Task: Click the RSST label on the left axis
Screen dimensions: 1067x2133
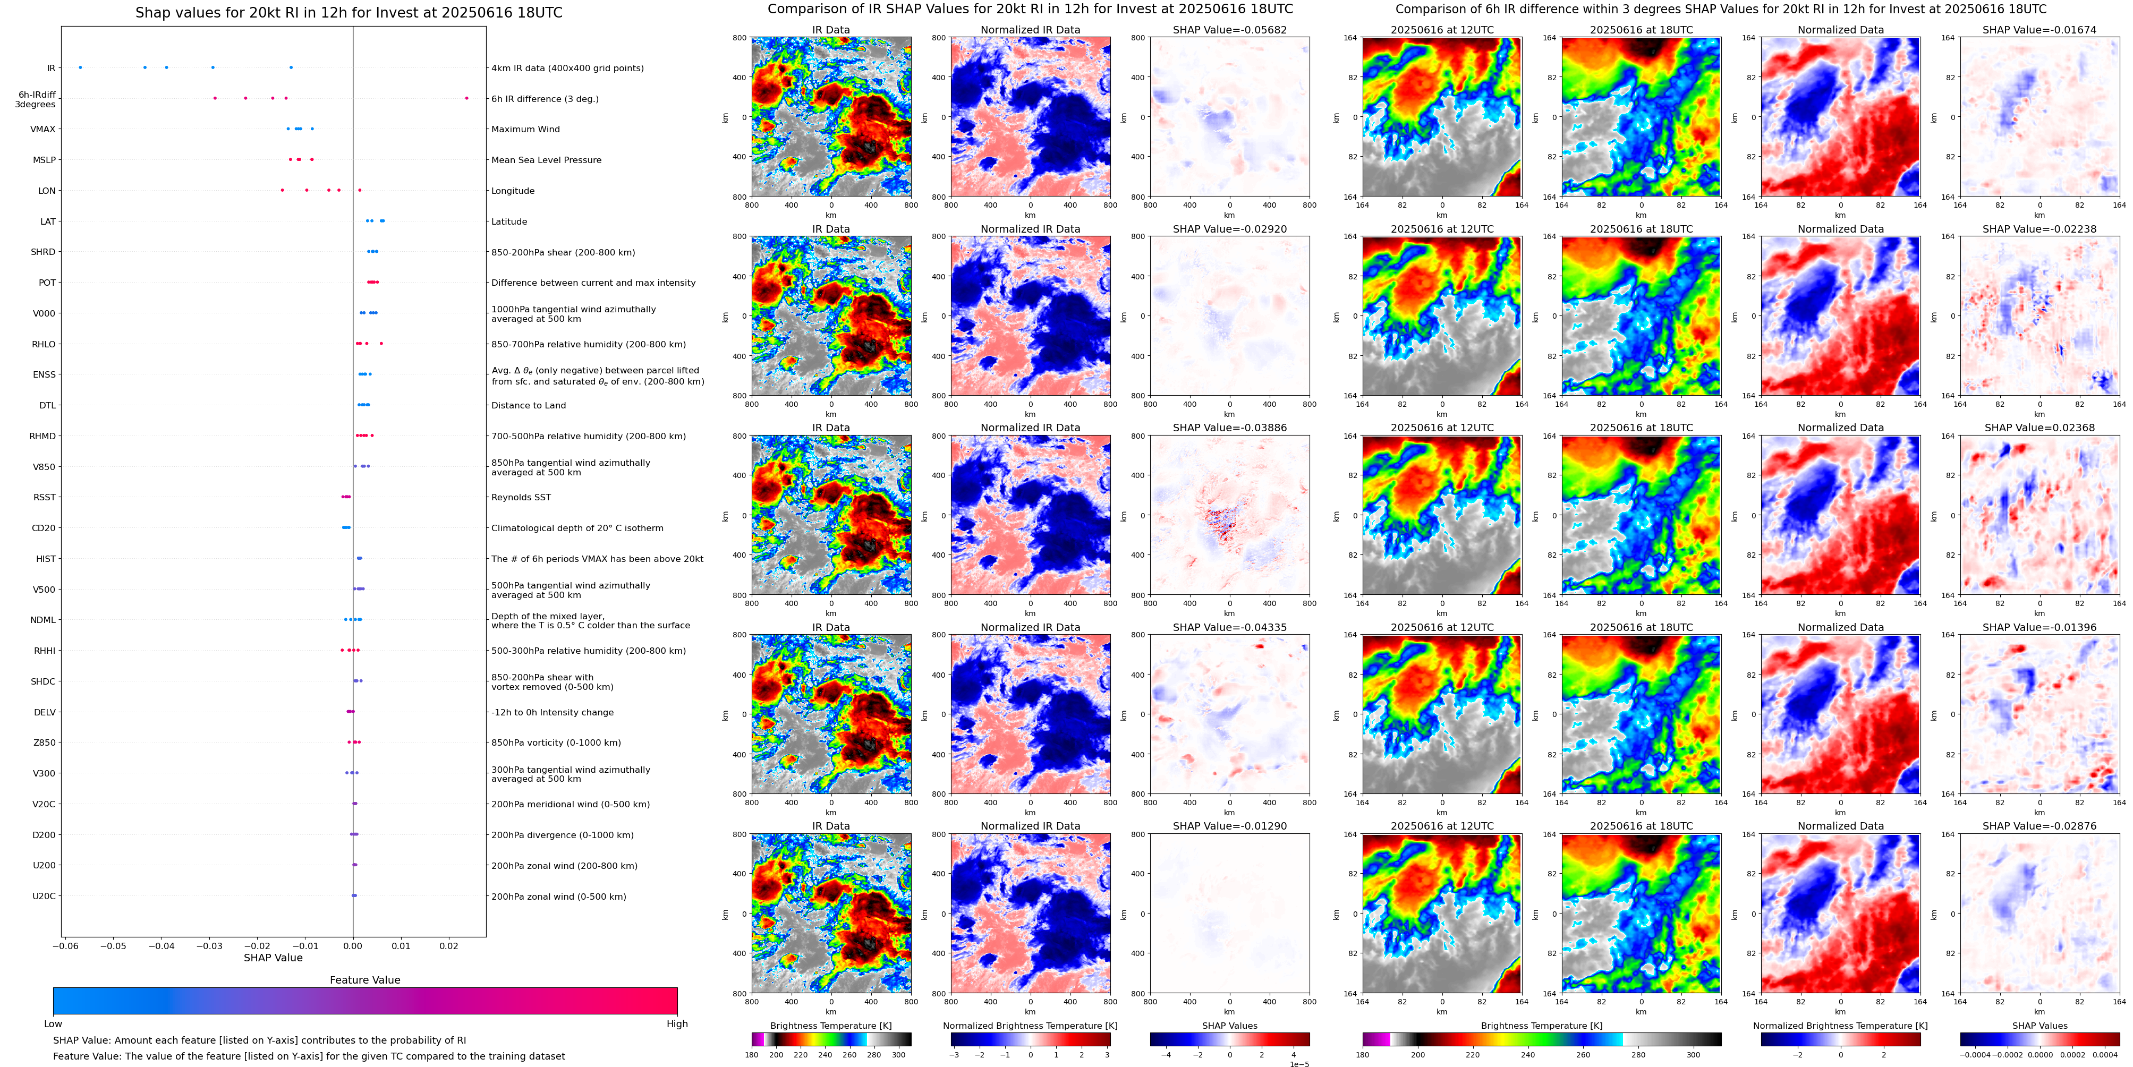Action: [x=44, y=498]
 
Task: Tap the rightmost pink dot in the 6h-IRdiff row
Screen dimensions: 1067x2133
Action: [x=466, y=98]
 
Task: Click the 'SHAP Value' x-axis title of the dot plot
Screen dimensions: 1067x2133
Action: [x=273, y=958]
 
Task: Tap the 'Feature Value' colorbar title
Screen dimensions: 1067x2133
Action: [x=364, y=980]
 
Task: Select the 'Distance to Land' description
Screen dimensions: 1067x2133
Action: [x=528, y=406]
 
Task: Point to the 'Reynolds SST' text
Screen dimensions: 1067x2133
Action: [x=520, y=498]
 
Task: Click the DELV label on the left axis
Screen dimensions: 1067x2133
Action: [x=45, y=712]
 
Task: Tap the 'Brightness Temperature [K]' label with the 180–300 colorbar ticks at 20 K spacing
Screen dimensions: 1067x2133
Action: [x=830, y=1026]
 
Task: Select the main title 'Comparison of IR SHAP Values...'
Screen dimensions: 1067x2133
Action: [x=1030, y=9]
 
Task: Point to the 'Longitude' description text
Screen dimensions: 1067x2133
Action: [x=513, y=191]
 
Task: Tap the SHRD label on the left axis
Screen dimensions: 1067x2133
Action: [x=43, y=252]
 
